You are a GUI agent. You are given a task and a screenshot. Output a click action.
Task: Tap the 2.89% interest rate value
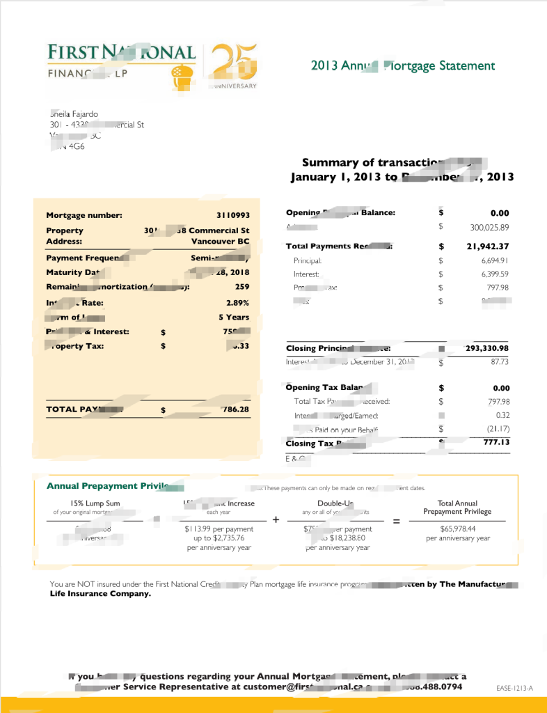[x=237, y=303]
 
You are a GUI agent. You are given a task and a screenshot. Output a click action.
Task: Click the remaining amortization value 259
[x=241, y=287]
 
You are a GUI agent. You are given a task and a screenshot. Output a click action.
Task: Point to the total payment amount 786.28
[x=235, y=409]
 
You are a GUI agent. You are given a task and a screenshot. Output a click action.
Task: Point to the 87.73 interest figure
[x=499, y=362]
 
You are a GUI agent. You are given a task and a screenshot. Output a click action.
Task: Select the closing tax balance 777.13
[x=496, y=442]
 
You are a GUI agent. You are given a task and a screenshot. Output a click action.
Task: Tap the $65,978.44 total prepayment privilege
[x=457, y=529]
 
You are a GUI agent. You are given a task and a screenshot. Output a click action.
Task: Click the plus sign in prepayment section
[x=276, y=520]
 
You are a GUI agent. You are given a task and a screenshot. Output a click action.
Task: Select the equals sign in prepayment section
[x=397, y=521]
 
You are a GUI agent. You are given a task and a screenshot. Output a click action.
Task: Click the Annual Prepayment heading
[x=108, y=486]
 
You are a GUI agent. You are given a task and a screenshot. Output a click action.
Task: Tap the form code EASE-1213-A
[x=514, y=688]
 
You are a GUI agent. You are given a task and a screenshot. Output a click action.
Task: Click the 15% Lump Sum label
[x=95, y=503]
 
